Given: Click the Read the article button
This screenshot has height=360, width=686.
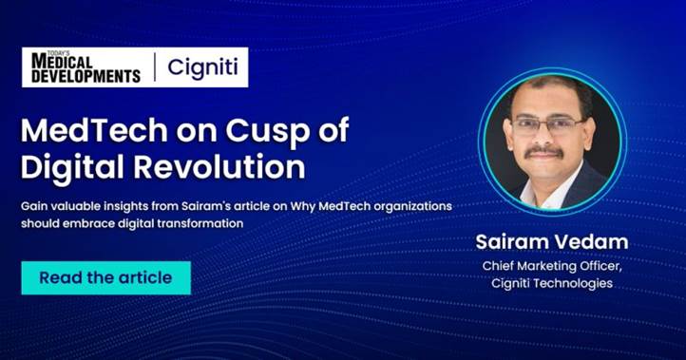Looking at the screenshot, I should click(105, 277).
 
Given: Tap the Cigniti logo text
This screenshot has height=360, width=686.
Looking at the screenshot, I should click(202, 67).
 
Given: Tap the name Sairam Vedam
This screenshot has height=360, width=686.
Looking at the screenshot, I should click(554, 242).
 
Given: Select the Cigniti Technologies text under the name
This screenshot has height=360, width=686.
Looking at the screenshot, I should click(554, 283).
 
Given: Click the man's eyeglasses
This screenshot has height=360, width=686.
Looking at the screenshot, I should click(549, 124).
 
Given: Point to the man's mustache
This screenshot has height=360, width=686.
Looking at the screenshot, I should click(546, 149).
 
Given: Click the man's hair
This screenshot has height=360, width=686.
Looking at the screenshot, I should click(546, 91).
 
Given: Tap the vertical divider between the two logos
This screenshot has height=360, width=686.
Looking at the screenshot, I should click(154, 67).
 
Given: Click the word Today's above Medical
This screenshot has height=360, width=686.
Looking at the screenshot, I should click(41, 54).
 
